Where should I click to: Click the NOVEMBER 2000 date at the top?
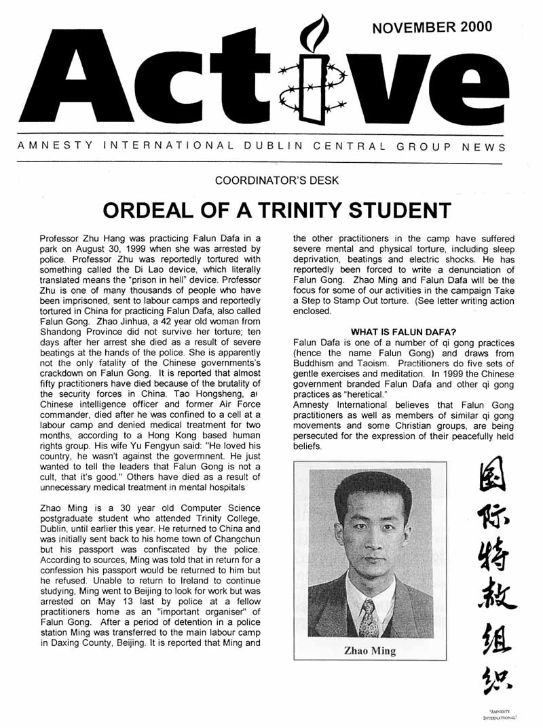(432, 27)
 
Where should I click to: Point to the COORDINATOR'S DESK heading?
(271, 180)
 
